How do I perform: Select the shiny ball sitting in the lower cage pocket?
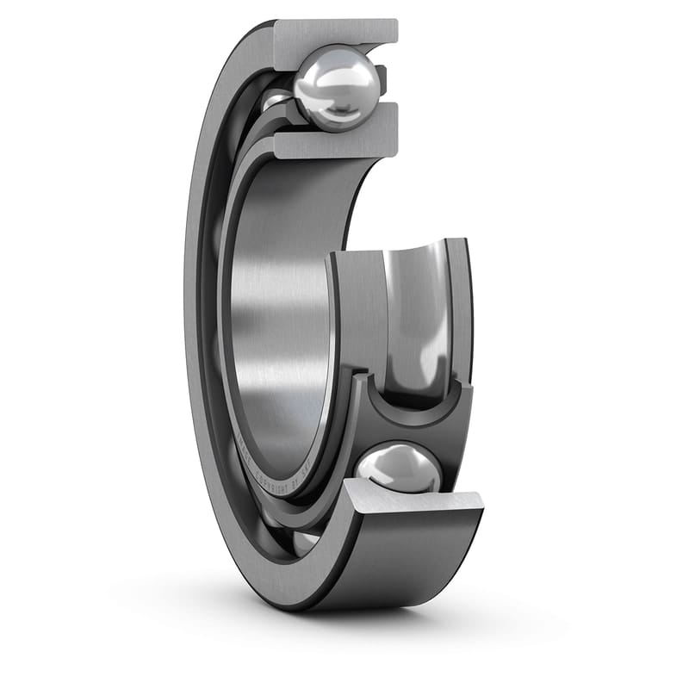point(399,469)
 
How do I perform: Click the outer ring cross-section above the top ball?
point(336,32)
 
